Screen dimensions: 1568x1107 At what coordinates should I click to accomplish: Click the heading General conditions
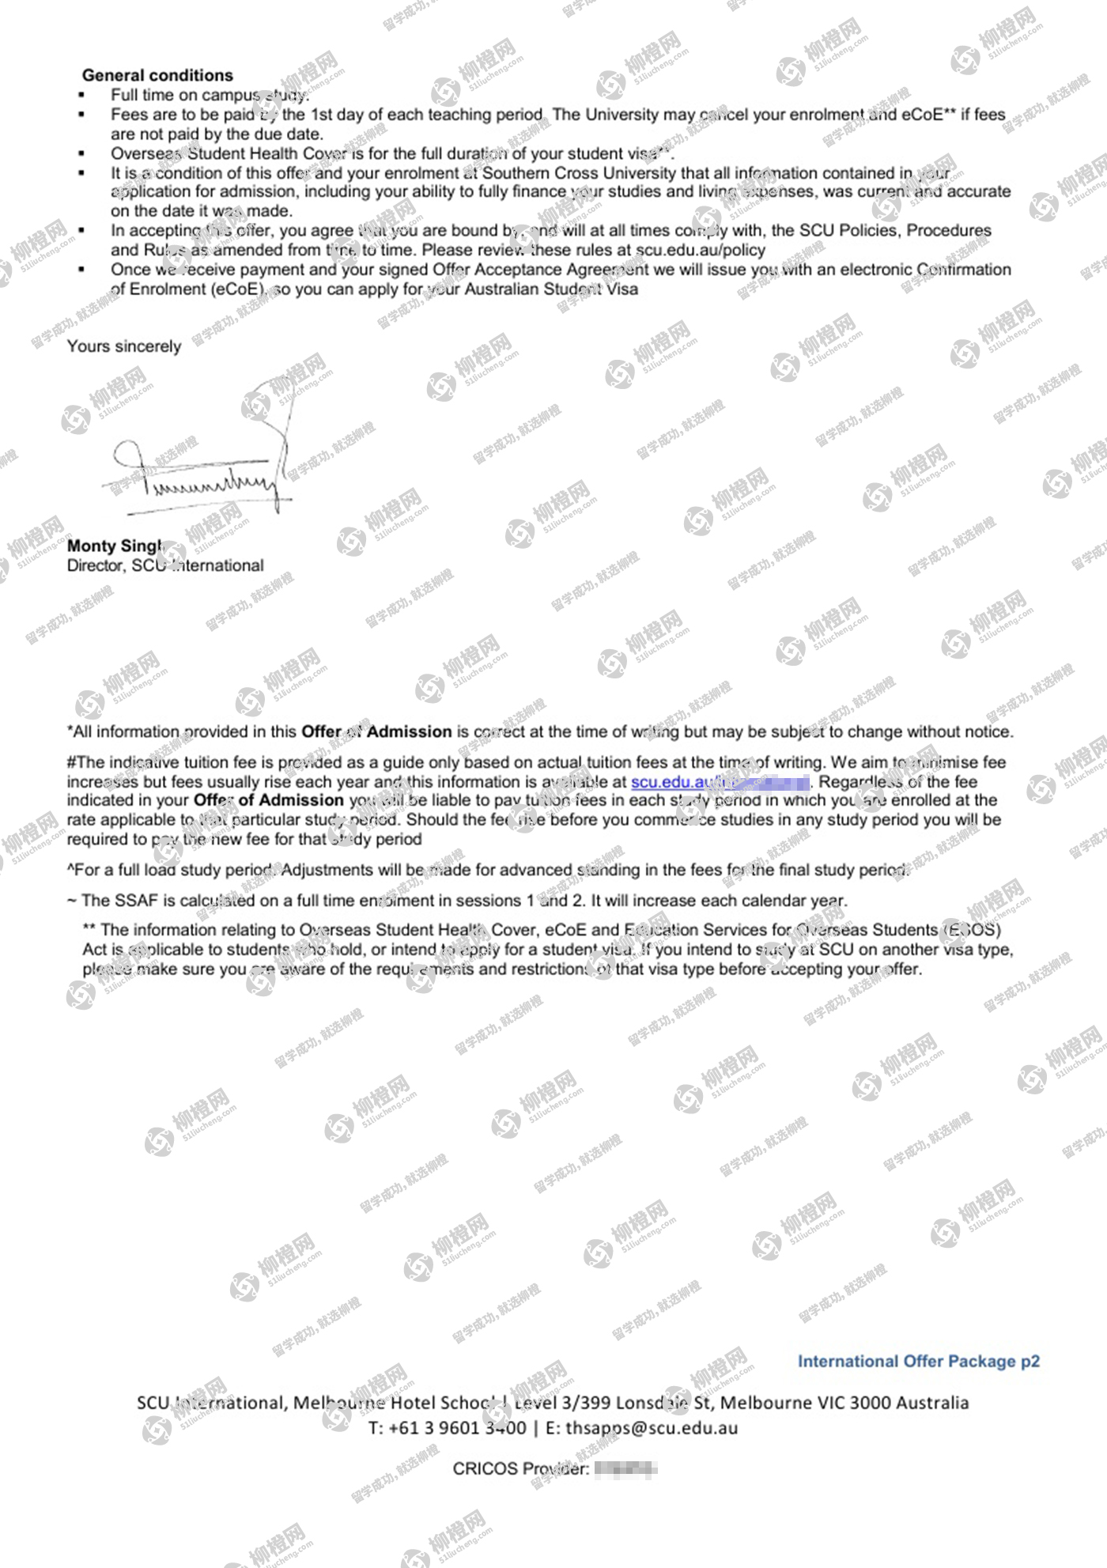[157, 75]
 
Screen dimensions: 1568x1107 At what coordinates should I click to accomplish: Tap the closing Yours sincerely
[124, 346]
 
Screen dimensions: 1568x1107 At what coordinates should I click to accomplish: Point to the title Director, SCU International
[165, 565]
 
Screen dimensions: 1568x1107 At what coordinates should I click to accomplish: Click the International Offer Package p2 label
[918, 1361]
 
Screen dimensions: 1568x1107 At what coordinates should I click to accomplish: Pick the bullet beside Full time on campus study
[81, 95]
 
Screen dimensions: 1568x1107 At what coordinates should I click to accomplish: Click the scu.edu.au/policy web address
[701, 250]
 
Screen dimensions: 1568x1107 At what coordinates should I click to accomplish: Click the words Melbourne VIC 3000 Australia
[844, 1403]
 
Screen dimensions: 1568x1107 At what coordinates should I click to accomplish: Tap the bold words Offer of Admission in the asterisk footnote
[376, 731]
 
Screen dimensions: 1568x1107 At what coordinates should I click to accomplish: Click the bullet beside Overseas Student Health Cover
[81, 153]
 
